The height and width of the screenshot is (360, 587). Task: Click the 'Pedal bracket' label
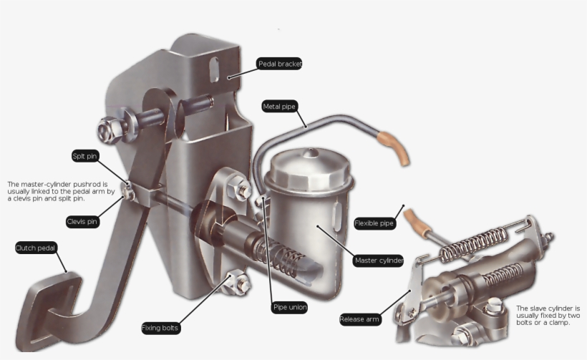point(279,64)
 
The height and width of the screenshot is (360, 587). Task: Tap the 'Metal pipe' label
point(279,106)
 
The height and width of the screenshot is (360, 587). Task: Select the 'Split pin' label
point(85,156)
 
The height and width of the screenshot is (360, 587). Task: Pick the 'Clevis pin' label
point(82,222)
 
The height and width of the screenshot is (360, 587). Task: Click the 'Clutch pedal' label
point(36,248)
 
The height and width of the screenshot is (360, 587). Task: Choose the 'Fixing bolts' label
point(160,328)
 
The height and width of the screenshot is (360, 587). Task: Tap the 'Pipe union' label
point(289,307)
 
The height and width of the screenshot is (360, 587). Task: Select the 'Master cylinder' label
point(378,260)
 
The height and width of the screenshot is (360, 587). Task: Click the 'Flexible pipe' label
point(374,223)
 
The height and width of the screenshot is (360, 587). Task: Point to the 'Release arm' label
point(360,319)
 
